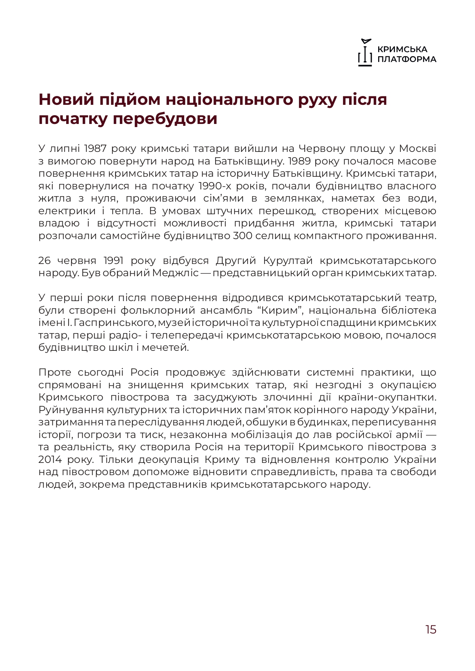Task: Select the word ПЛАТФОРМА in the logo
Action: pyautogui.click(x=407, y=59)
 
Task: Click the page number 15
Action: pyautogui.click(x=431, y=629)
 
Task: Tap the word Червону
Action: pyautogui.click(x=322, y=148)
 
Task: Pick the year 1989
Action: pyautogui.click(x=299, y=161)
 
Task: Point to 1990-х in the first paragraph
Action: pyautogui.click(x=214, y=186)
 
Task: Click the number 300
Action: pyautogui.click(x=242, y=236)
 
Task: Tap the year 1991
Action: pyautogui.click(x=113, y=261)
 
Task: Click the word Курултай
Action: pyautogui.click(x=287, y=261)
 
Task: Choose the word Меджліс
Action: pyautogui.click(x=175, y=273)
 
